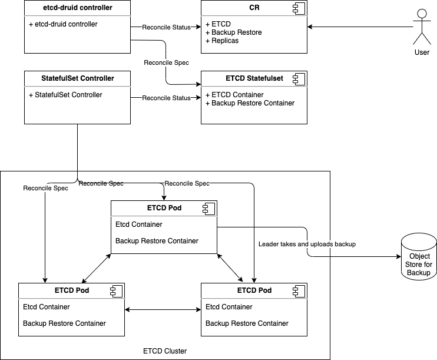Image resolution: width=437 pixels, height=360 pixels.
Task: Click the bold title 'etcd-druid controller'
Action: point(77,8)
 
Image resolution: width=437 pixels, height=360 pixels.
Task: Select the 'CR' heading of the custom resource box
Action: point(254,8)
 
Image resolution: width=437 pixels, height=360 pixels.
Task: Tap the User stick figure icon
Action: point(422,26)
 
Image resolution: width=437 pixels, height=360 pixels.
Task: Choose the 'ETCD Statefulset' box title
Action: point(254,78)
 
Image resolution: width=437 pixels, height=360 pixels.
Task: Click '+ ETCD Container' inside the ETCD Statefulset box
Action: point(234,95)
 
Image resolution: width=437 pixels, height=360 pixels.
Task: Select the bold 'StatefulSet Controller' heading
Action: point(77,78)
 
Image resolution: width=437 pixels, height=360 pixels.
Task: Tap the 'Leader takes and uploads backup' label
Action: point(307,244)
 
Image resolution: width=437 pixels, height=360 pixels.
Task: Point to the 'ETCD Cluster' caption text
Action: point(165,351)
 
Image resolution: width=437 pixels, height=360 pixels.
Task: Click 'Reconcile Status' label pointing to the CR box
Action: point(166,27)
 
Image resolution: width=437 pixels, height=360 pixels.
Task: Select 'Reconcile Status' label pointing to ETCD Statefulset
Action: point(166,98)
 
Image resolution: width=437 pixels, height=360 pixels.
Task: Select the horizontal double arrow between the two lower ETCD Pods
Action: point(163,309)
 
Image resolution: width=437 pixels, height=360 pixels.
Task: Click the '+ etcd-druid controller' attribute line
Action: point(63,24)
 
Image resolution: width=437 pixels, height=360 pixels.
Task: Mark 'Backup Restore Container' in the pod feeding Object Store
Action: point(157,241)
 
